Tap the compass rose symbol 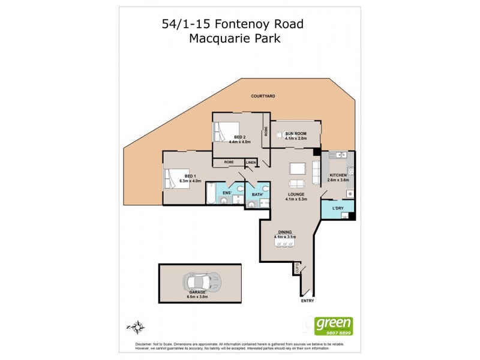tap(137, 326)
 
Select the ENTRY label tap(307, 301)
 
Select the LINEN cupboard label tap(250, 163)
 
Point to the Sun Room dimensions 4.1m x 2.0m tap(296, 139)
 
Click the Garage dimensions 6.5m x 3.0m tap(200, 296)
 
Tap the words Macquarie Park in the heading tap(235, 39)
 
